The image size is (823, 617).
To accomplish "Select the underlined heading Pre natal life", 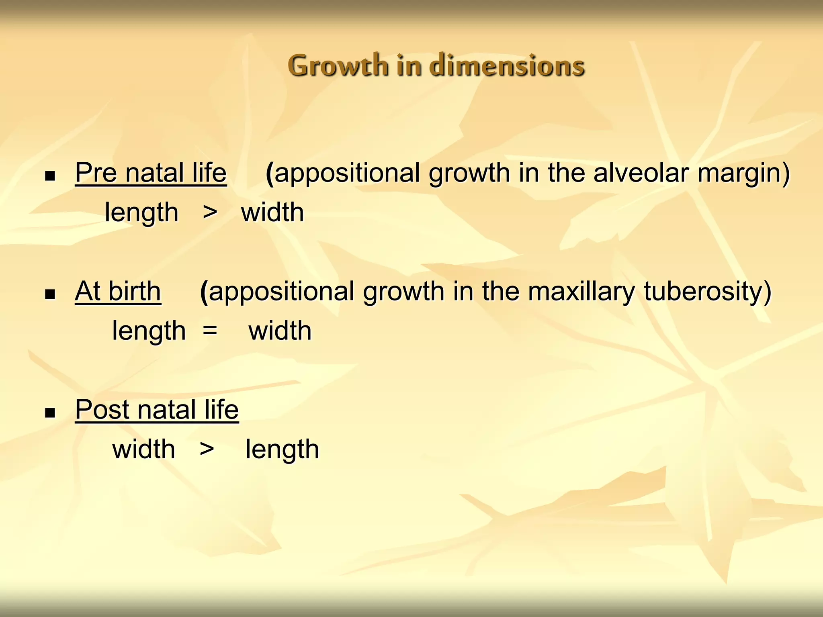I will [151, 173].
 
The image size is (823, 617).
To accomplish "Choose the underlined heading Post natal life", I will [157, 410].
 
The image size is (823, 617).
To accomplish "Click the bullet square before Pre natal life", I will [50, 176].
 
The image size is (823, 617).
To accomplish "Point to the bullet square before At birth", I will [50, 294].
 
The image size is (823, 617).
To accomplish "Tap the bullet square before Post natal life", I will [50, 413].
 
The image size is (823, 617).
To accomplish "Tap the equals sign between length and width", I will [210, 331].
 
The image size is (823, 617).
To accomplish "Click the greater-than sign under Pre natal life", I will [210, 212].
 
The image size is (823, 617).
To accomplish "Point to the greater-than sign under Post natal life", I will [207, 449].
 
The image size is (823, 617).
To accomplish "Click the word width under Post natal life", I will [143, 449].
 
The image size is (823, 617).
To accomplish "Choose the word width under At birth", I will [280, 331].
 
